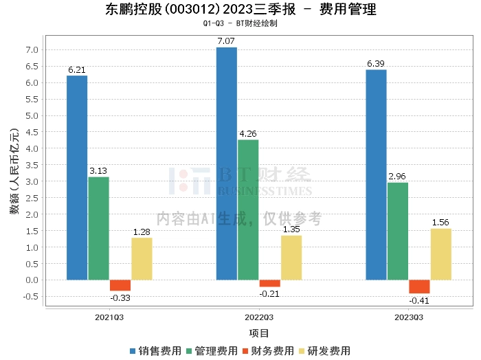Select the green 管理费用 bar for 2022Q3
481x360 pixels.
coord(248,210)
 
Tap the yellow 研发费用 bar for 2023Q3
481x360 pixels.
coord(441,254)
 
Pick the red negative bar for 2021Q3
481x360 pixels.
coord(120,285)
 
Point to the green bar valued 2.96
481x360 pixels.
coord(398,231)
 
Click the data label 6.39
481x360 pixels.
coord(375,64)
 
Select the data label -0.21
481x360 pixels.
coord(269,293)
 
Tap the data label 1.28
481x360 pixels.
coord(142,232)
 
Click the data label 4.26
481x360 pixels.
coord(248,134)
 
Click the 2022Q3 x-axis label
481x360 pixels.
coord(259,317)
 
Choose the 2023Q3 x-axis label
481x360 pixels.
coord(409,317)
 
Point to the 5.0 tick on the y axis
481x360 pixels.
coord(32,115)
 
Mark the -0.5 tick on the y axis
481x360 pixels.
coord(31,297)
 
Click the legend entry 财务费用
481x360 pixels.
coord(270,350)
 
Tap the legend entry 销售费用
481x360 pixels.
coord(157,350)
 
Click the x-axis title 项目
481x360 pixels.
coord(259,333)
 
